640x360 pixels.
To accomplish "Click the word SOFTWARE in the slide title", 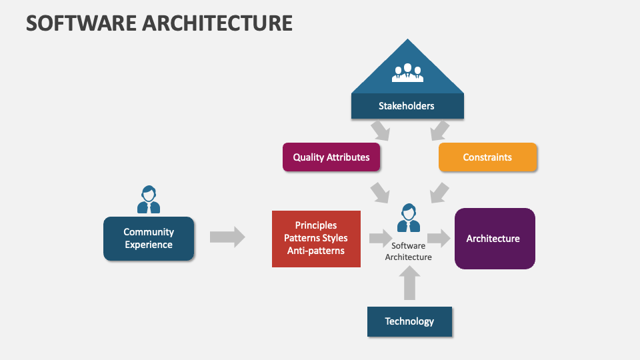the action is point(81,23).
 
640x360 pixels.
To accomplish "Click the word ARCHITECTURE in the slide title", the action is point(217,23).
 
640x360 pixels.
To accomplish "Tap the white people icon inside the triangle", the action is point(407,73).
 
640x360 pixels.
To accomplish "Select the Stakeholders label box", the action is point(407,106).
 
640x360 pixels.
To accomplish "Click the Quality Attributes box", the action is point(331,157).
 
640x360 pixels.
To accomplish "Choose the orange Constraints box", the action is point(487,157).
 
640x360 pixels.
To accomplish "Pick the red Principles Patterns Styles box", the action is point(316,239).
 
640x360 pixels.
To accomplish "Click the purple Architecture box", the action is point(495,239).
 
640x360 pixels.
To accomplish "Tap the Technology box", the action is point(409,321).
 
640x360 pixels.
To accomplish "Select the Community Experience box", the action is point(149,239).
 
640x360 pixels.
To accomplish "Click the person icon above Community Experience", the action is point(149,199).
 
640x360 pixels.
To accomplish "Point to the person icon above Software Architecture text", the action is point(409,218).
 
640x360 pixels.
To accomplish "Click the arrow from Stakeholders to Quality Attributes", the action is point(381,131).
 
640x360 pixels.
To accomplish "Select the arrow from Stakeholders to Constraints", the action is point(440,131).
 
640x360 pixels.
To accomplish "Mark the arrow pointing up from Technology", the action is point(409,283).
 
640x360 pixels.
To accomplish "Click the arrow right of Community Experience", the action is point(227,237).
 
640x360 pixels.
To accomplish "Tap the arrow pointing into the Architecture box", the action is point(439,238).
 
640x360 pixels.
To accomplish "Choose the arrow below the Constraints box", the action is point(439,193).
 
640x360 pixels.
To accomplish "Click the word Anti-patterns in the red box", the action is point(316,251).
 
